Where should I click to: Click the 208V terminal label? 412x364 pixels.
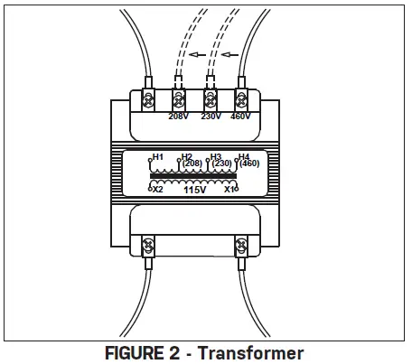click(x=179, y=116)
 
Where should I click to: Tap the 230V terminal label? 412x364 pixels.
click(x=211, y=116)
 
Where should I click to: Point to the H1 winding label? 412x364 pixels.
click(x=157, y=156)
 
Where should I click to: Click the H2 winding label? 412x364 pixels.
click(x=186, y=156)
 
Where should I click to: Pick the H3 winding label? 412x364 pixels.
click(x=215, y=156)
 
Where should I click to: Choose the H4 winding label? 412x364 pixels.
click(x=243, y=156)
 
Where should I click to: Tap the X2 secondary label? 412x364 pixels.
click(x=157, y=189)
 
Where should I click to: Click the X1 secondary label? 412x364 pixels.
click(x=230, y=189)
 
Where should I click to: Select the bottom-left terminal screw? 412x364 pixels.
click(x=148, y=245)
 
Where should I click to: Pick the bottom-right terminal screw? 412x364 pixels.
click(x=242, y=245)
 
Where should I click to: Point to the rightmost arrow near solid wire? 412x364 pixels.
click(x=232, y=54)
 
